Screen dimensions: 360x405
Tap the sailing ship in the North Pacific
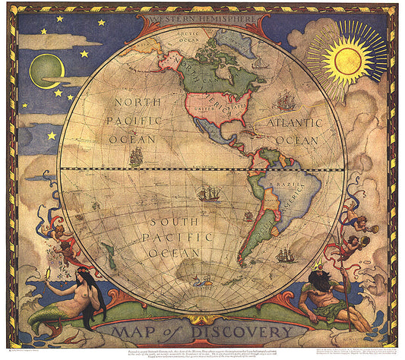coord(136,157)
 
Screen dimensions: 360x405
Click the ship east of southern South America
coord(286,254)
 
